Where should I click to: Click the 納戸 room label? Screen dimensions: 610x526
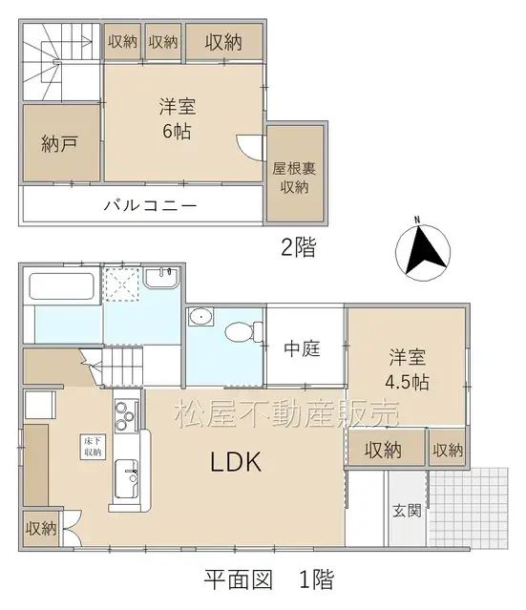(59, 144)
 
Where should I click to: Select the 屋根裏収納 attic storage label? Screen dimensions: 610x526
(294, 177)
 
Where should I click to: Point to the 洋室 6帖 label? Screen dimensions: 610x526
(178, 119)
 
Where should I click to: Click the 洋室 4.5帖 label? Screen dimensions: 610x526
(407, 370)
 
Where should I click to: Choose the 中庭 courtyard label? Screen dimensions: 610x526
(305, 349)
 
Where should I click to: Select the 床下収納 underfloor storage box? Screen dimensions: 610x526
(93, 446)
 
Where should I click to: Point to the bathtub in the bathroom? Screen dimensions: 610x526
(61, 285)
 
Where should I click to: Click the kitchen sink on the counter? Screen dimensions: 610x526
(124, 474)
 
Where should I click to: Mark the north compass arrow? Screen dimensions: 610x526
(421, 250)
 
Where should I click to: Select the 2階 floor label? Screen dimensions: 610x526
(298, 248)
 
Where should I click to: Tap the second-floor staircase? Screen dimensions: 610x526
(59, 61)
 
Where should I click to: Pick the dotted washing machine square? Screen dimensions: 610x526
(122, 284)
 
